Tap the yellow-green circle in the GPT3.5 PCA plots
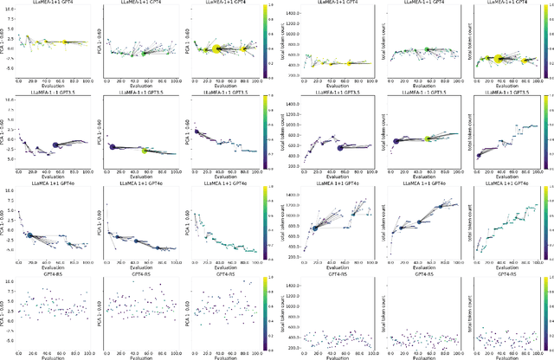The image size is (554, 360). [145, 151]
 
